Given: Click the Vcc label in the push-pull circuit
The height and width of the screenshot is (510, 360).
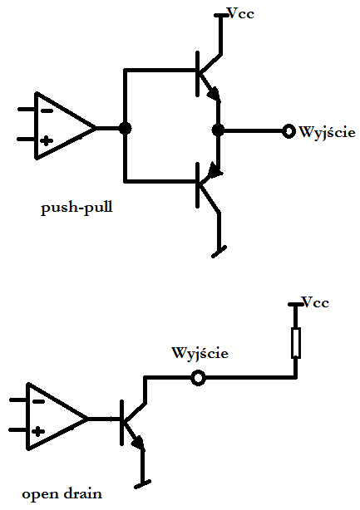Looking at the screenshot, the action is (x=241, y=13).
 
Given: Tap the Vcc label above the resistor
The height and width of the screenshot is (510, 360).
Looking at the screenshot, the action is (x=315, y=302).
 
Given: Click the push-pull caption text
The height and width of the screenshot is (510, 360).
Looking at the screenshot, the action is (x=76, y=207).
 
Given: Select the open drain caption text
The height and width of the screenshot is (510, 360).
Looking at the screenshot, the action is (x=62, y=494).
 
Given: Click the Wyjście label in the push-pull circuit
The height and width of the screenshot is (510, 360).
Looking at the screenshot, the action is (x=327, y=132).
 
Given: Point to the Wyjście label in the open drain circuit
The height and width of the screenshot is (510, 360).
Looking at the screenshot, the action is (x=200, y=353).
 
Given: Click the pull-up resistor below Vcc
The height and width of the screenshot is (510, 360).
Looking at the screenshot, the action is (x=295, y=343).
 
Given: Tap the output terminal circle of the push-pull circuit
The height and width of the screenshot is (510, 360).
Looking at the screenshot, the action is (x=288, y=131).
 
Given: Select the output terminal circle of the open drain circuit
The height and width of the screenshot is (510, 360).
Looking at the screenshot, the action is (x=198, y=378).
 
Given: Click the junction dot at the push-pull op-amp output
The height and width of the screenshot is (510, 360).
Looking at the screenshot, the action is (x=125, y=128).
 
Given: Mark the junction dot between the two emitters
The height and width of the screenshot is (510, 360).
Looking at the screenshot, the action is (x=218, y=130).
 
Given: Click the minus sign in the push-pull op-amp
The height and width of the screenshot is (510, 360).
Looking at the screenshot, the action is (x=47, y=111).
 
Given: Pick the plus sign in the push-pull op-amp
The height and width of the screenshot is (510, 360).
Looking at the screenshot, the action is (x=47, y=141).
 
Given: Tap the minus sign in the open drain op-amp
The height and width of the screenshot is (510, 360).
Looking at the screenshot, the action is (x=38, y=402).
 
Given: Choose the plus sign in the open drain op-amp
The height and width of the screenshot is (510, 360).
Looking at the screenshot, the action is (x=38, y=432).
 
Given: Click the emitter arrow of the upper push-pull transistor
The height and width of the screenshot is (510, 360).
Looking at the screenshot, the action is (x=214, y=93).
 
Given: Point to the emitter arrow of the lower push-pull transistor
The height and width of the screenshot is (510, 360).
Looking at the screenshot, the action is (x=215, y=170).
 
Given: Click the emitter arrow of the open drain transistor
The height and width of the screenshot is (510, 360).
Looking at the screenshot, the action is (x=138, y=443).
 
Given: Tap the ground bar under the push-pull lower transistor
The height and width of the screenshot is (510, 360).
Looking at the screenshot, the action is (x=219, y=252).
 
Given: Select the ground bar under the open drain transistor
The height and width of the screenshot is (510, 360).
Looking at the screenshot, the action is (x=142, y=484).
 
